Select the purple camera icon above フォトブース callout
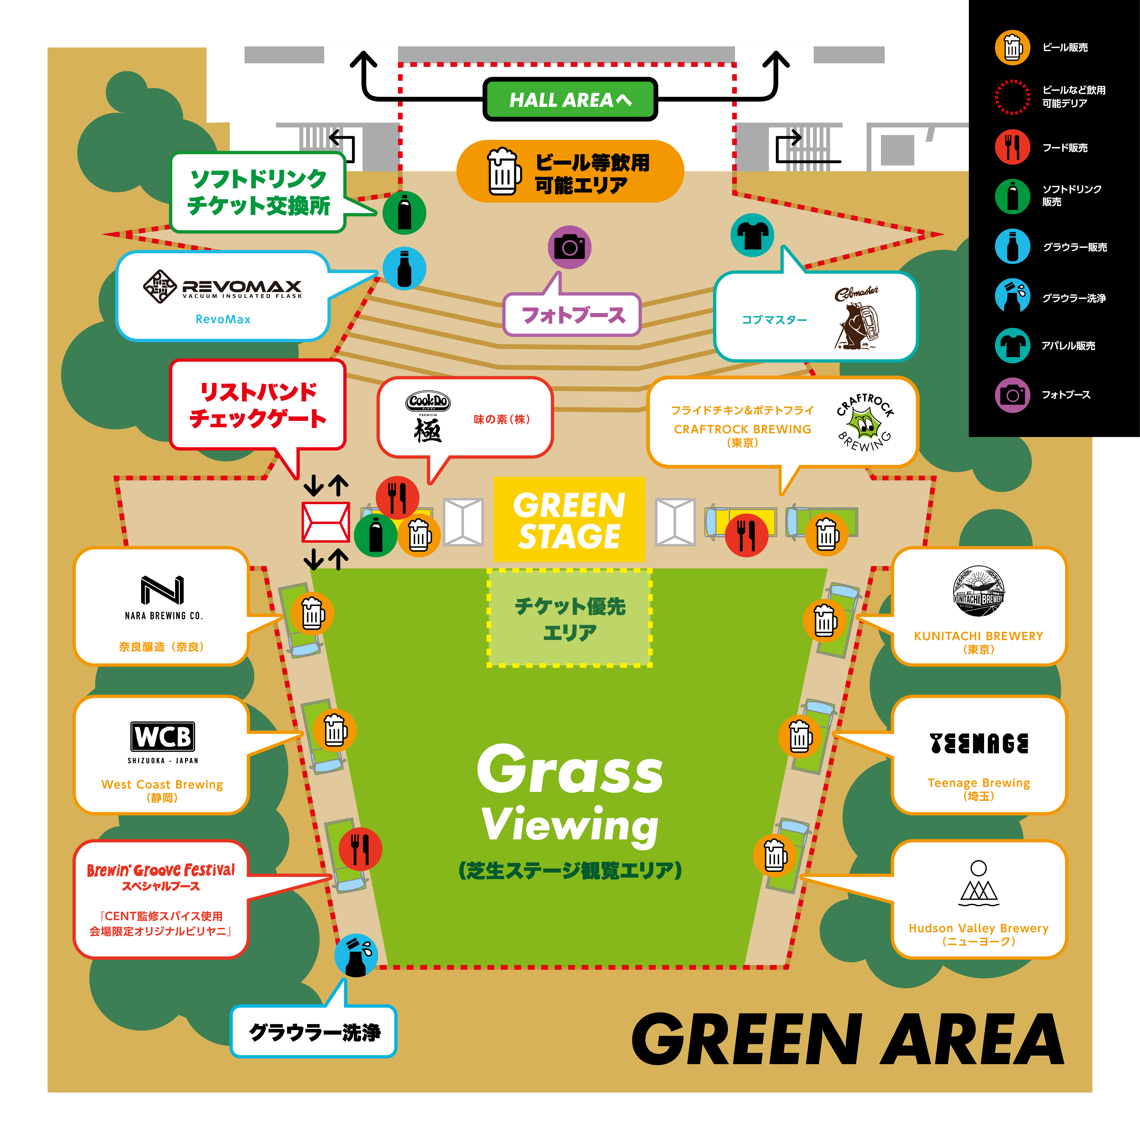(x=569, y=247)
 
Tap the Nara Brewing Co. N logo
(x=162, y=590)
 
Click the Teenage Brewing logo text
(x=978, y=744)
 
